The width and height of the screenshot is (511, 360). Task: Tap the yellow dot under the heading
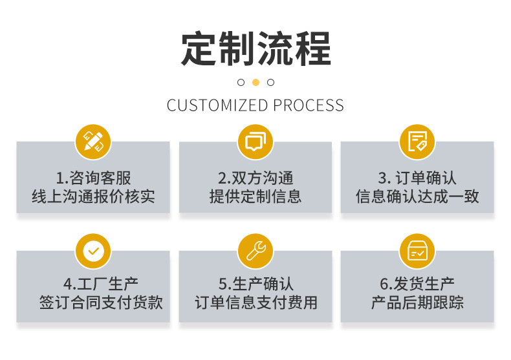click(x=255, y=82)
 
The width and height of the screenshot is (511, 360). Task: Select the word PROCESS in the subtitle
click(x=309, y=105)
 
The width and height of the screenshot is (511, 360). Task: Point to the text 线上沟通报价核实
click(x=93, y=196)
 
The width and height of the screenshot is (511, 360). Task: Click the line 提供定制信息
click(x=255, y=196)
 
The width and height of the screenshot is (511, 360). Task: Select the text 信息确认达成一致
click(x=417, y=196)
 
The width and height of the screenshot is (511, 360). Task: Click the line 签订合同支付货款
click(x=101, y=302)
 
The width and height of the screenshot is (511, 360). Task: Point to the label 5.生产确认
click(x=255, y=284)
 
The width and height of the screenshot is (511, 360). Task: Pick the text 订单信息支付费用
click(x=256, y=302)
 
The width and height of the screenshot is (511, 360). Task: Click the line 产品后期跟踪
click(x=417, y=302)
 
